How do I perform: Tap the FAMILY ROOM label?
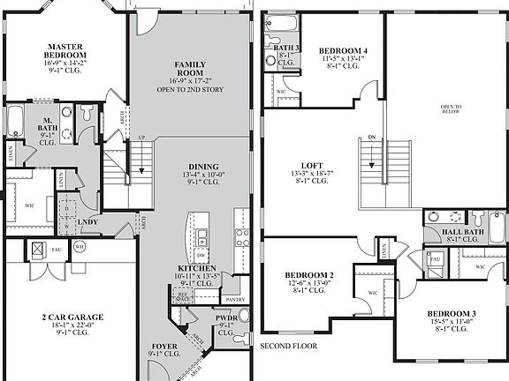[189, 71]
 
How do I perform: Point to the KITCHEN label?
[199, 267]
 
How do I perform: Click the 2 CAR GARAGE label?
[72, 317]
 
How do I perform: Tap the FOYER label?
[164, 346]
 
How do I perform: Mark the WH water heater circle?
[79, 248]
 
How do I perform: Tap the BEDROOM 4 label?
[344, 50]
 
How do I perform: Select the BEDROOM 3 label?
[452, 314]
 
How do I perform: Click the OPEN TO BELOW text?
[452, 111]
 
